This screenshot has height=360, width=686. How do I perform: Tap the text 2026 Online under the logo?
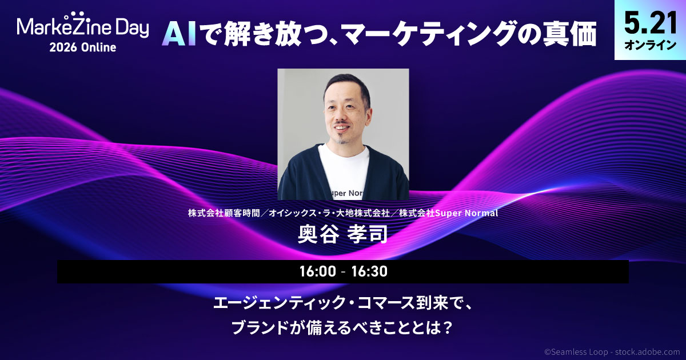click(x=83, y=47)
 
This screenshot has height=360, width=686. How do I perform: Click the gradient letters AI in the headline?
click(x=179, y=35)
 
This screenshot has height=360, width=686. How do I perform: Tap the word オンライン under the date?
click(x=650, y=45)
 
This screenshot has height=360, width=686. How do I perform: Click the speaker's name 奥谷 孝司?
click(x=343, y=234)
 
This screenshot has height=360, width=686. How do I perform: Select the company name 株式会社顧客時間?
click(x=224, y=213)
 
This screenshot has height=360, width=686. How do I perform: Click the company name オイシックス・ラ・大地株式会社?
click(x=329, y=213)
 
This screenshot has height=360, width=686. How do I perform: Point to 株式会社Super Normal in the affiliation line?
click(x=449, y=213)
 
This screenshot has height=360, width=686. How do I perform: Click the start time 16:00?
click(x=318, y=271)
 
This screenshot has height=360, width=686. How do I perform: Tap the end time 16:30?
click(x=369, y=271)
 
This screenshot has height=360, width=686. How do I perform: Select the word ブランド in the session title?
click(x=260, y=328)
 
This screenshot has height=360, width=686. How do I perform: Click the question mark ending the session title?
click(x=448, y=328)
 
